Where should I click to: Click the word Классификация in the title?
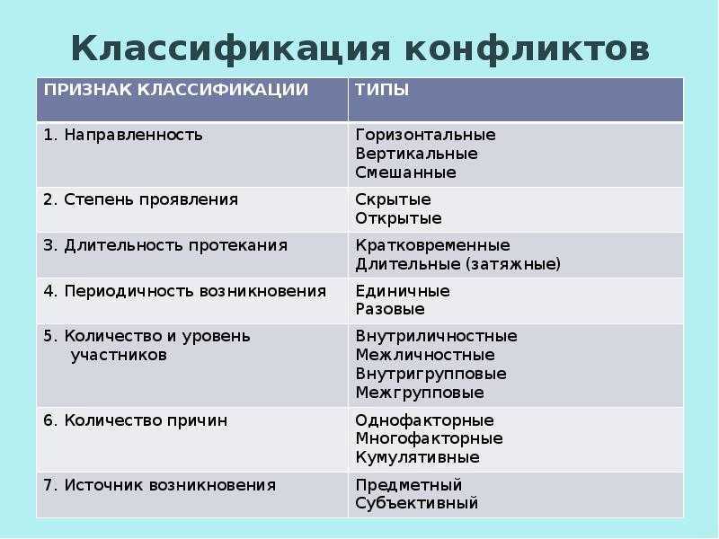tap(231, 49)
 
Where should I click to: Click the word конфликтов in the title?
tap(528, 49)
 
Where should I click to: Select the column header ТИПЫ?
tap(382, 89)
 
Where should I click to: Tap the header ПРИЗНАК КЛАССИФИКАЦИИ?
tap(176, 90)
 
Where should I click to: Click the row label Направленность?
tap(133, 135)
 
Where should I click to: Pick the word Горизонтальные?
tap(425, 136)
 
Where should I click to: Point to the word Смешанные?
tap(406, 172)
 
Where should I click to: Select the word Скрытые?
tap(393, 199)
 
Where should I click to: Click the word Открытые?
tap(398, 218)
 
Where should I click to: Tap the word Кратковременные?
tap(432, 245)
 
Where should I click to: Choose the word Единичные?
tap(403, 291)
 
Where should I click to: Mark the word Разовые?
tap(390, 309)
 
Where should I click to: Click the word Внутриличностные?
tap(436, 336)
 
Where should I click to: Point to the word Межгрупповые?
tap(420, 393)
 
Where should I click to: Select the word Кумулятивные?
tap(417, 457)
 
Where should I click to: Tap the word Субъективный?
tap(416, 503)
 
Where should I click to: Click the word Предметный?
tap(409, 485)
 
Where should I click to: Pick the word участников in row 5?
tap(119, 355)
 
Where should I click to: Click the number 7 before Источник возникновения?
tap(49, 485)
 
